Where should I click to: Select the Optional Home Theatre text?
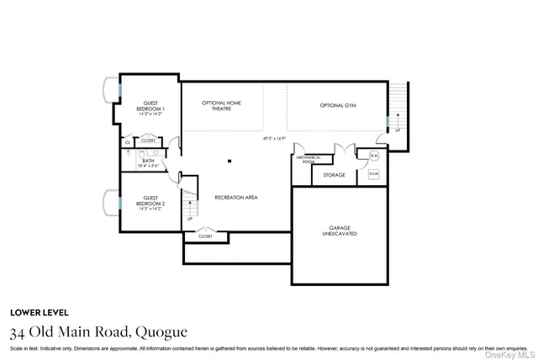[x=222, y=105]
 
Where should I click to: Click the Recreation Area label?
[x=236, y=197]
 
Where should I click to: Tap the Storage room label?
[x=334, y=175]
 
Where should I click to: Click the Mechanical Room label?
[x=303, y=160]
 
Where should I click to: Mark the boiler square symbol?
[x=373, y=174]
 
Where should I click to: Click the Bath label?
[x=148, y=161]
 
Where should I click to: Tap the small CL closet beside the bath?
[x=128, y=142]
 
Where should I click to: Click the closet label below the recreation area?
[x=206, y=236]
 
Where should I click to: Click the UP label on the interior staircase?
[x=190, y=219]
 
